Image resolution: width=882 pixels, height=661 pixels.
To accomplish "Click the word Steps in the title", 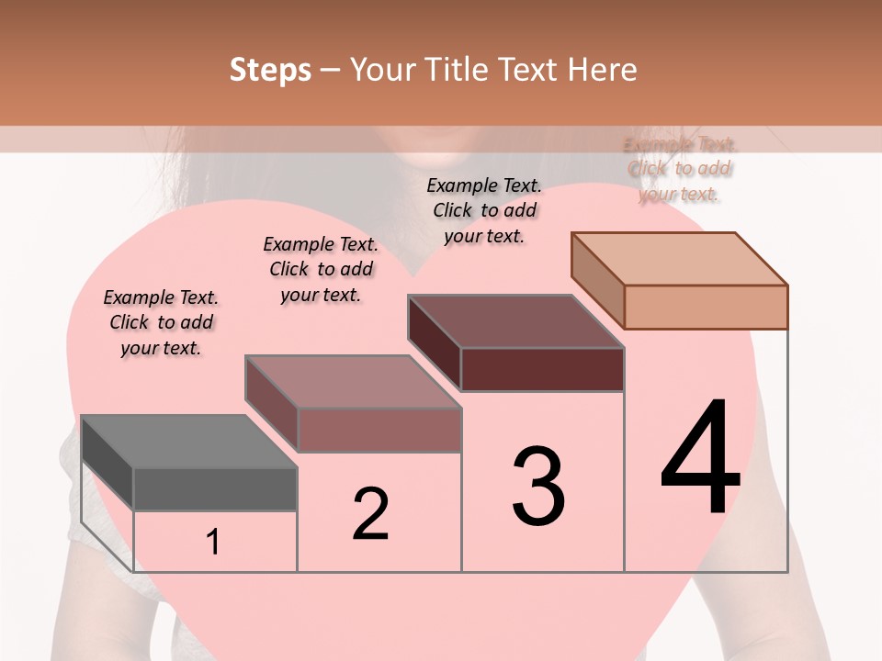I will (x=270, y=70).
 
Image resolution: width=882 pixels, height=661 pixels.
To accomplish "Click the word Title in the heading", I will (x=461, y=70).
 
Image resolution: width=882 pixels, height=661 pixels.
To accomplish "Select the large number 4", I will (x=700, y=457).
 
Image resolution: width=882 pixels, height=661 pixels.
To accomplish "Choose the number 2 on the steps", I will (x=370, y=514).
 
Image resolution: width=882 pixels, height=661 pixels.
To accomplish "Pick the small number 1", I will (x=213, y=543).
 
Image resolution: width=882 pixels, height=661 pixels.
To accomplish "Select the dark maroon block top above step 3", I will (x=515, y=320).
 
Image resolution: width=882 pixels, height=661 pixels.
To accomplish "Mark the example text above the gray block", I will (x=161, y=322).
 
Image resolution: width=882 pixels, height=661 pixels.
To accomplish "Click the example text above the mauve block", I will (x=321, y=269).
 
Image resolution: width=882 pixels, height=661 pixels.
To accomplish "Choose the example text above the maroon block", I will (x=484, y=210).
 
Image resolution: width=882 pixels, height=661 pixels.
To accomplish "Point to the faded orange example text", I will (x=679, y=169).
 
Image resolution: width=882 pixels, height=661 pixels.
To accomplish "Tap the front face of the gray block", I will (x=215, y=488).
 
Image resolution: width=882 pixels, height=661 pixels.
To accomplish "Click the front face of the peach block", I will (x=706, y=307).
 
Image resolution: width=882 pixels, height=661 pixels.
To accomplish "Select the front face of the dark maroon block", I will (x=542, y=369).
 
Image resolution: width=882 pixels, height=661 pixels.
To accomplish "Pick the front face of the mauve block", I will (x=379, y=430).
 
